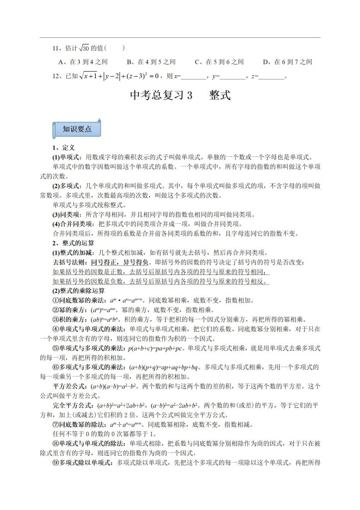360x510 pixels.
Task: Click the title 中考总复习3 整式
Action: pyautogui.click(x=180, y=95)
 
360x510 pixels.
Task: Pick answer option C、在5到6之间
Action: pyautogui.click(x=219, y=62)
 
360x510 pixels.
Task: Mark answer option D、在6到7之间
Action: pyautogui.click(x=287, y=62)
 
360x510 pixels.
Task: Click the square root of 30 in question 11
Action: pyautogui.click(x=82, y=48)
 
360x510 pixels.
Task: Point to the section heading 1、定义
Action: pyautogui.click(x=64, y=148)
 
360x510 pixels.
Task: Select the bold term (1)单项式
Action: pyautogui.click(x=67, y=157)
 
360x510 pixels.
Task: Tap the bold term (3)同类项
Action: pyautogui.click(x=67, y=215)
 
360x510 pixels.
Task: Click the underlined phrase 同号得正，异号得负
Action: pyautogui.click(x=120, y=262)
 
